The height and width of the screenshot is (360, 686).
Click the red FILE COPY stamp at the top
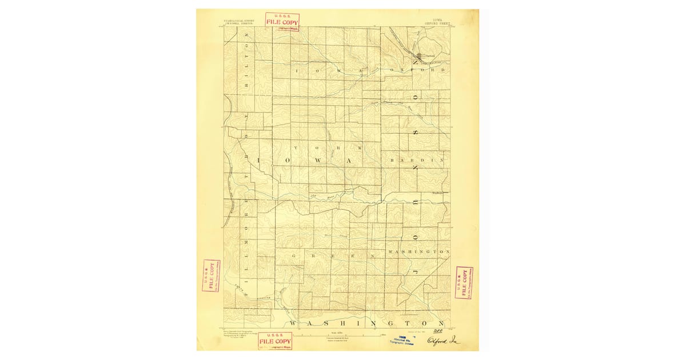pyautogui.click(x=282, y=20)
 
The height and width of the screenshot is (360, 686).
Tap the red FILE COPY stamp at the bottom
pyautogui.click(x=274, y=340)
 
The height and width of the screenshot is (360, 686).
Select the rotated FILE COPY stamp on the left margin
pyautogui.click(x=210, y=276)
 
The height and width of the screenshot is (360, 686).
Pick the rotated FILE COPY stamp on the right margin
pyautogui.click(x=463, y=282)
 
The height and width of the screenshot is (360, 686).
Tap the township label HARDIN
pyautogui.click(x=417, y=161)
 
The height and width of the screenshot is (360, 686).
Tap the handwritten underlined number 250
pyautogui.click(x=438, y=331)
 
